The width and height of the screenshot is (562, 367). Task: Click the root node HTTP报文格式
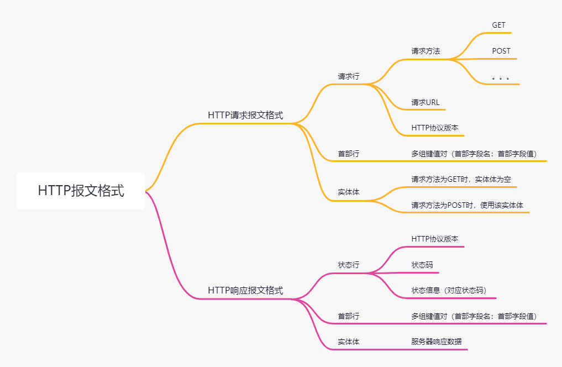click(x=81, y=191)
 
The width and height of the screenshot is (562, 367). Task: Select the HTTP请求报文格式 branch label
click(x=245, y=115)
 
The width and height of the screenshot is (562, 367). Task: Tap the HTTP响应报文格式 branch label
click(x=245, y=290)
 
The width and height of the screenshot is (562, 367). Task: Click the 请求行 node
click(x=348, y=76)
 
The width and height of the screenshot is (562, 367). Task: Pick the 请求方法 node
click(x=426, y=51)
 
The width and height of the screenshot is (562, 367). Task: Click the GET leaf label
click(x=498, y=25)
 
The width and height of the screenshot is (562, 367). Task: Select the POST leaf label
click(x=501, y=51)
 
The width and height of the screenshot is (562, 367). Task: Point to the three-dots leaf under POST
click(x=500, y=78)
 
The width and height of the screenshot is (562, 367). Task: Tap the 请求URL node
click(x=425, y=102)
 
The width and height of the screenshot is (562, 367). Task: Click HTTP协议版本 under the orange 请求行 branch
click(x=434, y=128)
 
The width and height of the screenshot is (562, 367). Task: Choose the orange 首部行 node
click(x=348, y=154)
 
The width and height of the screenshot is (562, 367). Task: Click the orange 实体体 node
click(x=348, y=192)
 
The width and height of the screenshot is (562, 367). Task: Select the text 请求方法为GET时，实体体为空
click(x=464, y=180)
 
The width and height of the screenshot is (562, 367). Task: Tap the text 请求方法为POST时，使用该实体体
click(x=467, y=205)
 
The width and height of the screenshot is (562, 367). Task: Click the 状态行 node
click(x=348, y=265)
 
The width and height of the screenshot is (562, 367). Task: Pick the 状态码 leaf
click(x=422, y=265)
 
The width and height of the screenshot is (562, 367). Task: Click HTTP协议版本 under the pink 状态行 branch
click(x=434, y=239)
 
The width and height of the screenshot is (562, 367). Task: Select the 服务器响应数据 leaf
click(x=436, y=342)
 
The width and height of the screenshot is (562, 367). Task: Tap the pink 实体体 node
click(x=348, y=342)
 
